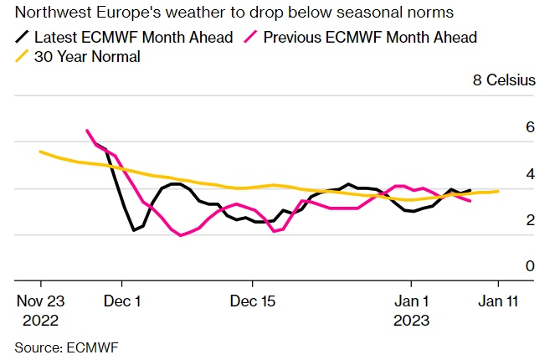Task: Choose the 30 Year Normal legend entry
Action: pos(87,57)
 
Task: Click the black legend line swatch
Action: pos(23,37)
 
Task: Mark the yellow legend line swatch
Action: pos(23,57)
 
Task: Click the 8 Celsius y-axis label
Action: pos(501,81)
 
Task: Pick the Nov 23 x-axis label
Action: pos(40,301)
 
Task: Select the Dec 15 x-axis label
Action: pos(252,301)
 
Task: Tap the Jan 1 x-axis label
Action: pos(412,301)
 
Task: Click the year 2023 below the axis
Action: pos(412,320)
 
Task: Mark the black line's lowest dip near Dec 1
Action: pos(134,230)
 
